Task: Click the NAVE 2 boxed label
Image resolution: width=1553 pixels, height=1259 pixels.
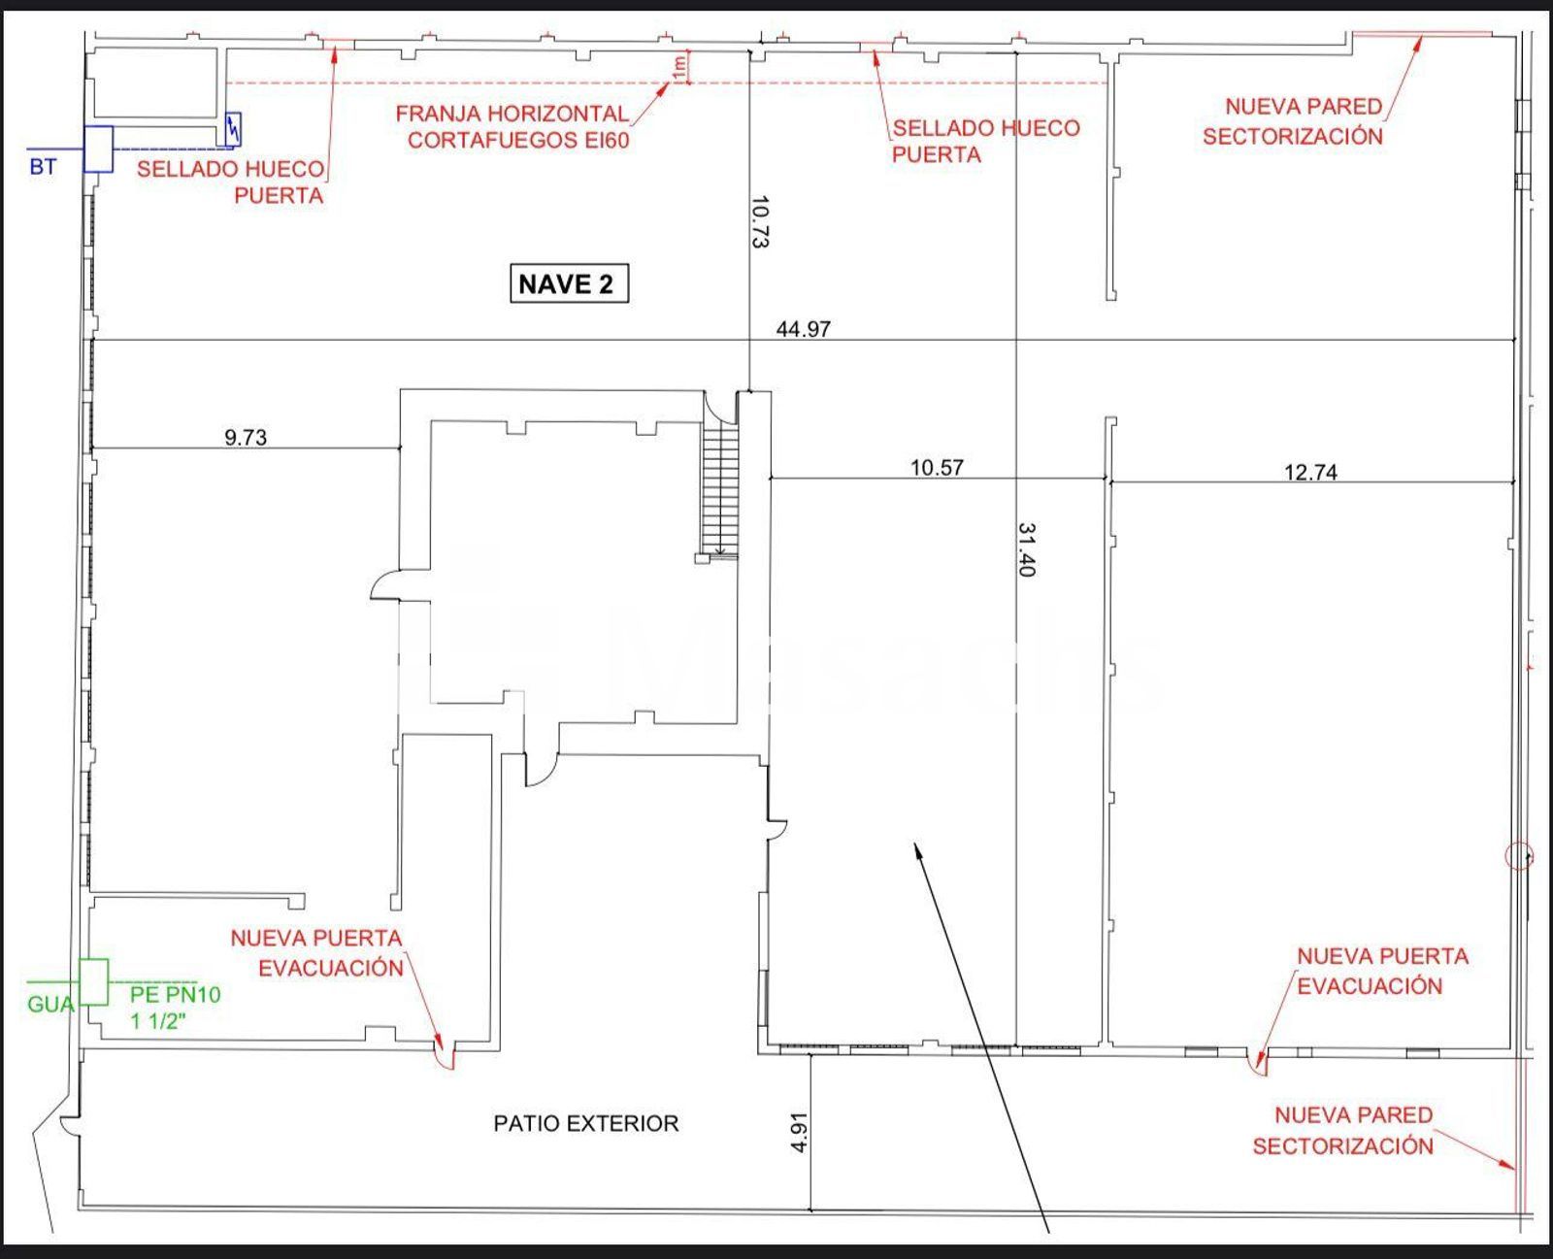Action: coord(569,282)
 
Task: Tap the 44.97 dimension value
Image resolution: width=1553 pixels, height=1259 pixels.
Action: coord(803,329)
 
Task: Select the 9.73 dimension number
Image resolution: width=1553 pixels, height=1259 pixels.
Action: coord(246,438)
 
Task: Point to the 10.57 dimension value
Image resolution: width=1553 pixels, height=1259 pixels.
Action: coord(937,467)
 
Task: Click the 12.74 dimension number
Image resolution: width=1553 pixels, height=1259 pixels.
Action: coord(1310,473)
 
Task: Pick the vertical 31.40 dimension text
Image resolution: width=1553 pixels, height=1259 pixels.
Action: coord(1027,549)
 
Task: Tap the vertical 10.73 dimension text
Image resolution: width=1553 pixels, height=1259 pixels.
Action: coord(760,221)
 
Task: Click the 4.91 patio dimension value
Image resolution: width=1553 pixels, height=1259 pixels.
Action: coord(799,1132)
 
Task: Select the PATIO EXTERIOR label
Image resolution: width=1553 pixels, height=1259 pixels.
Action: coord(586,1123)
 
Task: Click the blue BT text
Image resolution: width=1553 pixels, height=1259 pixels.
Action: coord(43,167)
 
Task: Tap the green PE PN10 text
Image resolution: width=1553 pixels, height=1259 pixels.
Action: coord(175,994)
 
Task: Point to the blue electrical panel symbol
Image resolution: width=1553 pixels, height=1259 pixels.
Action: coord(233,129)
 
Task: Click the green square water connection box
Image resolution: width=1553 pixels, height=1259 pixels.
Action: coord(94,982)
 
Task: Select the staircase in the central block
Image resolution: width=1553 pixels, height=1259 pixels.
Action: coord(720,492)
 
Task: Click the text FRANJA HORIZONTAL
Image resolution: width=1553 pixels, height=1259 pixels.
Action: coord(512,114)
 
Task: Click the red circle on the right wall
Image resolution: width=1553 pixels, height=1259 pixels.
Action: coord(1519,855)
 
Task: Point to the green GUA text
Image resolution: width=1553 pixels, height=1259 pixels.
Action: coord(51,1005)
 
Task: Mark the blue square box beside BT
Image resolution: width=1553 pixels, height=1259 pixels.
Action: coord(98,149)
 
